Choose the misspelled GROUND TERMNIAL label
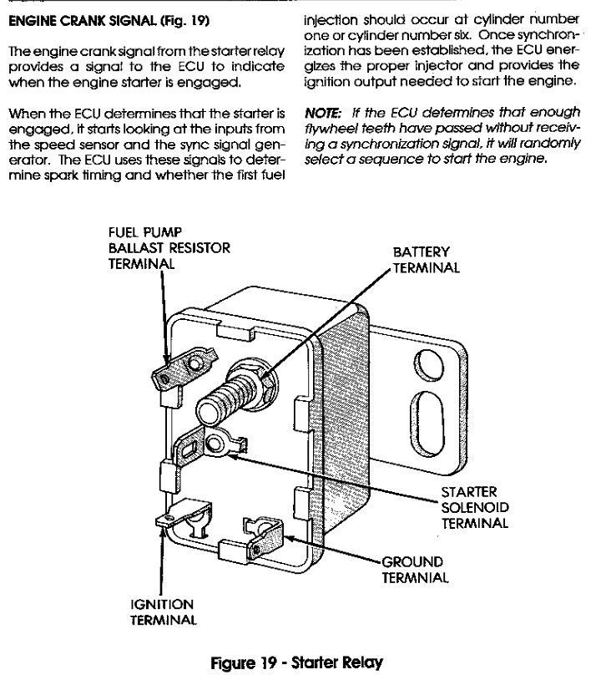point(415,569)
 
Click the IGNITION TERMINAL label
point(162,611)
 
